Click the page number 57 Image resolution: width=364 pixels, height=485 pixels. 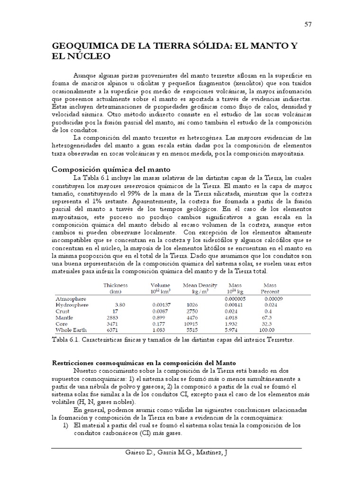(x=308, y=24)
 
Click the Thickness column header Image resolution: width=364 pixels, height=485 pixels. (x=115, y=285)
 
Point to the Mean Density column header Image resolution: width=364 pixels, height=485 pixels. (x=200, y=285)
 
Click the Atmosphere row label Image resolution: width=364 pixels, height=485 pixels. (x=71, y=299)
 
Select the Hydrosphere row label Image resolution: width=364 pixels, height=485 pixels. (x=73, y=305)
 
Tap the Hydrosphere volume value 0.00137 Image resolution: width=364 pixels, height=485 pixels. (x=159, y=305)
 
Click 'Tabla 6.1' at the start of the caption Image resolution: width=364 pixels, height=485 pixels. (x=65, y=340)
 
